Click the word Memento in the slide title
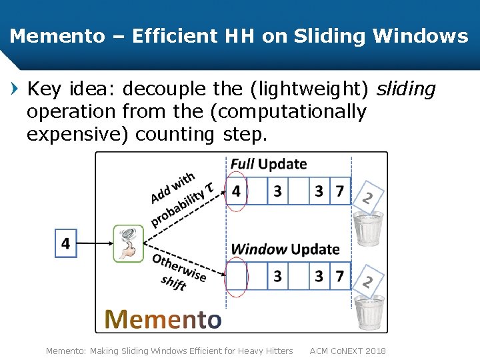[57, 36]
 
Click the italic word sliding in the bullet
[406, 89]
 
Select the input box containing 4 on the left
[65, 243]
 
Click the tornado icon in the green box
[129, 244]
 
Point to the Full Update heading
[269, 164]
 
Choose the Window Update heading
[285, 249]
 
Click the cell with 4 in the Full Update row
[237, 191]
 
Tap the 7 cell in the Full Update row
[340, 191]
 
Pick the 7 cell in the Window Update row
[340, 275]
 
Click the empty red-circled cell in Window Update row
[237, 275]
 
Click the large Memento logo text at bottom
[163, 319]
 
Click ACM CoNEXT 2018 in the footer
[347, 351]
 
